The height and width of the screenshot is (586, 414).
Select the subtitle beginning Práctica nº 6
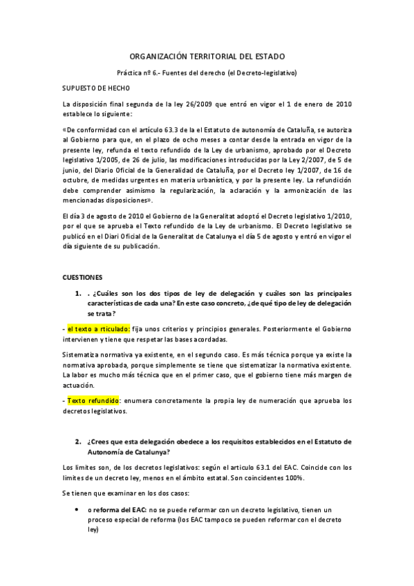(207, 72)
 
